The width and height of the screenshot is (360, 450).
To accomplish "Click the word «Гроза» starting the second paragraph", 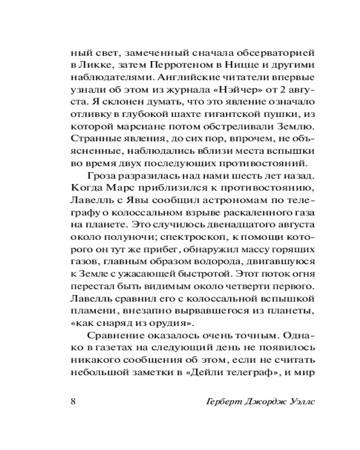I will (101, 174).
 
